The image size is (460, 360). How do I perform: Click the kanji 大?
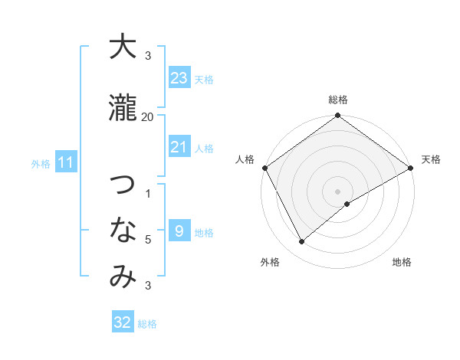click(x=122, y=47)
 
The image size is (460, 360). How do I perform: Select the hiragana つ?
click(x=122, y=185)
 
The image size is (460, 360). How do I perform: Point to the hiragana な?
click(x=122, y=230)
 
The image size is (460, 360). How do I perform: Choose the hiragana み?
click(x=122, y=277)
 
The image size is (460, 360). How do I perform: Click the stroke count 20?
click(x=147, y=116)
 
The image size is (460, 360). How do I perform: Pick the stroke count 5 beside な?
click(x=148, y=240)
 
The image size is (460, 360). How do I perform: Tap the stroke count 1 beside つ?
click(x=148, y=193)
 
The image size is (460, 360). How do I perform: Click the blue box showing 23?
click(x=179, y=78)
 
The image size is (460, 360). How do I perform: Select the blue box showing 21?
click(x=179, y=147)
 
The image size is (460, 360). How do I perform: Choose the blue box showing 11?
click(x=66, y=162)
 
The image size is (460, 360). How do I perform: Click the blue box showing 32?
click(x=123, y=322)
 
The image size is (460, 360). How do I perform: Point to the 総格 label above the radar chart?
click(x=338, y=100)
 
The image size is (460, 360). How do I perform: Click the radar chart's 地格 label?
click(x=402, y=262)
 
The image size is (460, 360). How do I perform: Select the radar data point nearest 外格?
click(x=302, y=241)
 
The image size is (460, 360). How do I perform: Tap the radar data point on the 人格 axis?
click(x=264, y=168)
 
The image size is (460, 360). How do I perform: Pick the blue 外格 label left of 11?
click(x=41, y=163)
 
